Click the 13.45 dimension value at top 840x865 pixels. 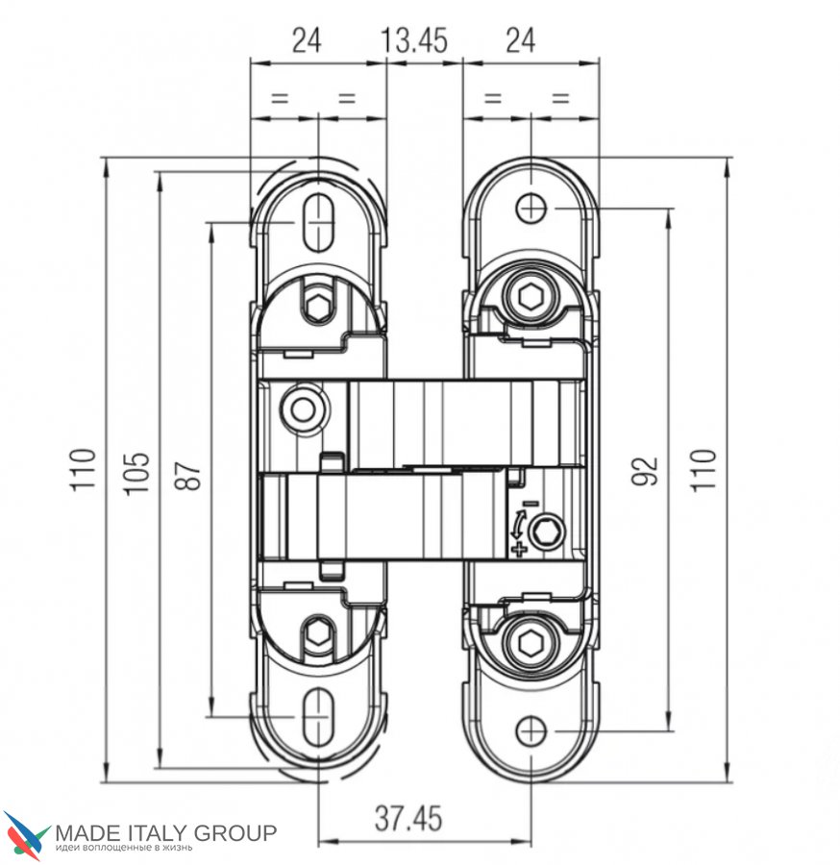pos(414,40)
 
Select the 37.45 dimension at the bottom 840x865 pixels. pos(408,819)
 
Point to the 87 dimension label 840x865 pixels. pos(192,472)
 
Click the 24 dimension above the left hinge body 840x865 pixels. pos(306,40)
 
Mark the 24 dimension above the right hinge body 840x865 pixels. pos(520,40)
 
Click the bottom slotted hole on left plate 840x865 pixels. pos(317,719)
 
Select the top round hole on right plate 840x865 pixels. pos(531,207)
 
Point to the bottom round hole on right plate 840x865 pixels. pos(531,732)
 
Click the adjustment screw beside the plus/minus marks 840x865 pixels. pos(548,531)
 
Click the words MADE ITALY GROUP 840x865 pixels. pos(165,831)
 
